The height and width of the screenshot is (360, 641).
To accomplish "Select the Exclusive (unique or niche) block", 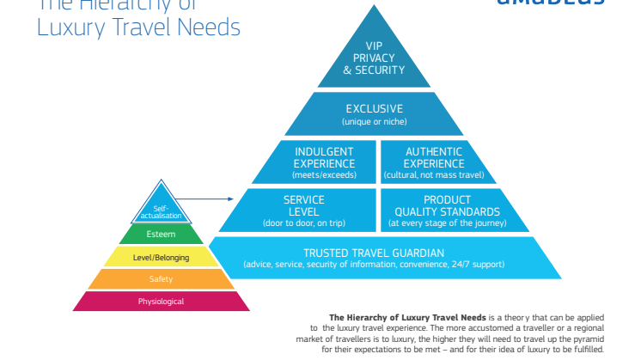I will pyautogui.click(x=374, y=114).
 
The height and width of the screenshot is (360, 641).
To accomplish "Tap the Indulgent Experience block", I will pyautogui.click(x=324, y=162).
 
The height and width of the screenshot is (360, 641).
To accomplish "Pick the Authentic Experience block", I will pyautogui.click(x=434, y=162).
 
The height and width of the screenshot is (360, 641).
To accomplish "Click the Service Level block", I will pyautogui.click(x=303, y=211).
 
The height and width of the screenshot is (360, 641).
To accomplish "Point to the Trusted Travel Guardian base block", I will pyautogui.click(x=374, y=258).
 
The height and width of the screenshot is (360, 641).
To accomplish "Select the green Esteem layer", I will pyautogui.click(x=162, y=234).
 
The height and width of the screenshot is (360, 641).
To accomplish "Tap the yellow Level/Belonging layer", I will pyautogui.click(x=162, y=257).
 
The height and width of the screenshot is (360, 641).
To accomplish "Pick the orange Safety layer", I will pyautogui.click(x=162, y=279).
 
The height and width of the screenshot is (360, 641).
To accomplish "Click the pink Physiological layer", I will pyautogui.click(x=162, y=302).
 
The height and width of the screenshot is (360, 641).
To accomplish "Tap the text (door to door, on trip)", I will pyautogui.click(x=303, y=223).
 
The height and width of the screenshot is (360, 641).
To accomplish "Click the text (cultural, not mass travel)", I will pyautogui.click(x=434, y=175).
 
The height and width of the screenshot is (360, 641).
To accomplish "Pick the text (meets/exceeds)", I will pyautogui.click(x=324, y=175).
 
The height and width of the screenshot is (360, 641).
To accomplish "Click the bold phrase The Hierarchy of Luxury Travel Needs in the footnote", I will pyautogui.click(x=408, y=317).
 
